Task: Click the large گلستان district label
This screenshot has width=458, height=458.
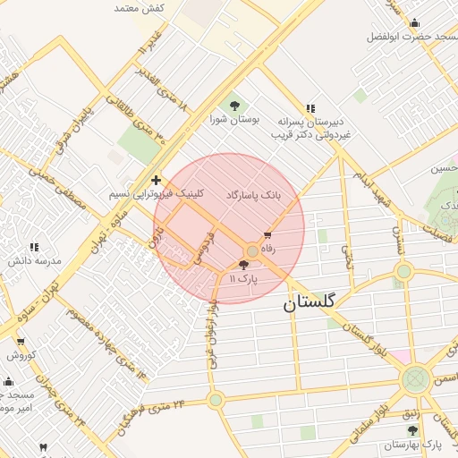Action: [310, 302]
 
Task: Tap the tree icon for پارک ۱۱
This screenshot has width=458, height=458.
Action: [244, 265]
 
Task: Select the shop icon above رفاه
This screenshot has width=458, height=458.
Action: [267, 235]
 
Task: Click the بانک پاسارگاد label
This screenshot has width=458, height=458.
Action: [253, 194]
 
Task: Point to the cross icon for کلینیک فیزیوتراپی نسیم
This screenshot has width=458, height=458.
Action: [157, 180]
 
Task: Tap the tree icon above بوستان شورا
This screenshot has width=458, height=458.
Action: [235, 104]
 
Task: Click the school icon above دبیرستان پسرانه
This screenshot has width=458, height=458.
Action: [310, 108]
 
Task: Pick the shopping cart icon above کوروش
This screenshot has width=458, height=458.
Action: [21, 342]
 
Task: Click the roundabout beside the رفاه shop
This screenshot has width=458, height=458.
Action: [253, 253]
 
